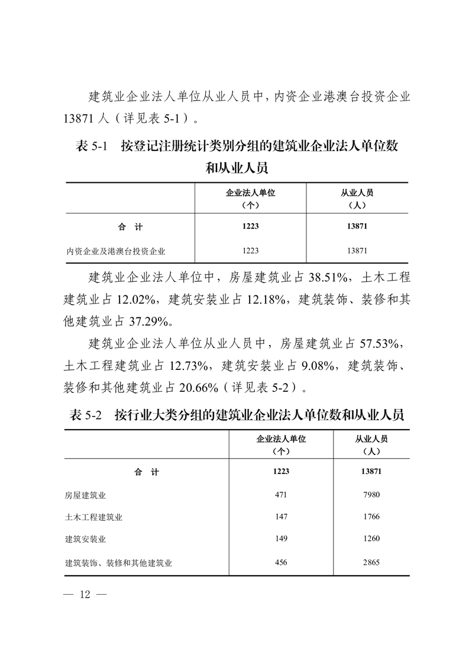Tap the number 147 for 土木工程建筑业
(281, 517)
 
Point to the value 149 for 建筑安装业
(281, 539)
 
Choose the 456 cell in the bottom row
(281, 562)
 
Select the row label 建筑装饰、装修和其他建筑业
(118, 563)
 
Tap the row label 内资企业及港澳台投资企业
(115, 251)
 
